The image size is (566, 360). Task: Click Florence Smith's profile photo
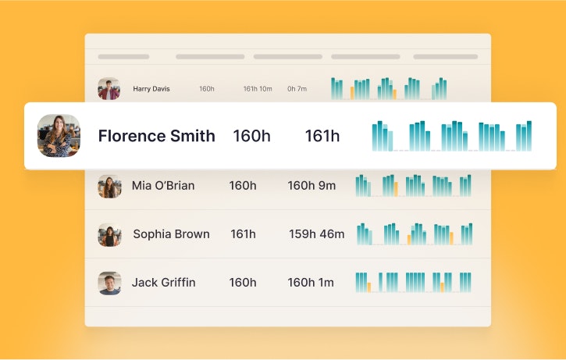(x=59, y=136)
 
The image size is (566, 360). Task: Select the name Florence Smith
(x=156, y=136)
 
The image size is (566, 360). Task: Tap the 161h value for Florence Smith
(x=322, y=136)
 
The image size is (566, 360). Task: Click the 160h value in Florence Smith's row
(x=251, y=136)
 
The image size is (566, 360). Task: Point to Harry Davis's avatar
(x=109, y=88)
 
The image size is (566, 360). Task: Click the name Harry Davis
(x=151, y=89)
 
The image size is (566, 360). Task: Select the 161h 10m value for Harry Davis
(x=258, y=89)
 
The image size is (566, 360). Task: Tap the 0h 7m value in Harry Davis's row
(x=297, y=89)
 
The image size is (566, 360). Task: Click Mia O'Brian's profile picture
(x=109, y=186)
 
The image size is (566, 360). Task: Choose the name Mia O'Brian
(x=163, y=186)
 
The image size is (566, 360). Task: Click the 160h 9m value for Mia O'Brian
(x=311, y=186)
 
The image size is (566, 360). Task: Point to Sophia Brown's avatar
(x=109, y=234)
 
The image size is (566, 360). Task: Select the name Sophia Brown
(x=171, y=234)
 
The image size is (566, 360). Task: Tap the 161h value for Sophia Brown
(x=243, y=234)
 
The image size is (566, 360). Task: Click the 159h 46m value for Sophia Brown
(x=316, y=234)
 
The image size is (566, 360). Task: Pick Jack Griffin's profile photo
(x=109, y=283)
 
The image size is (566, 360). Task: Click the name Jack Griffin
(x=163, y=283)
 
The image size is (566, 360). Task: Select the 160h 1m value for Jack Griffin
(x=311, y=283)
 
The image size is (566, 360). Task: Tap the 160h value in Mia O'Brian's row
(x=243, y=186)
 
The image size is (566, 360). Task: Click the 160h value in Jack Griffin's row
(x=243, y=283)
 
